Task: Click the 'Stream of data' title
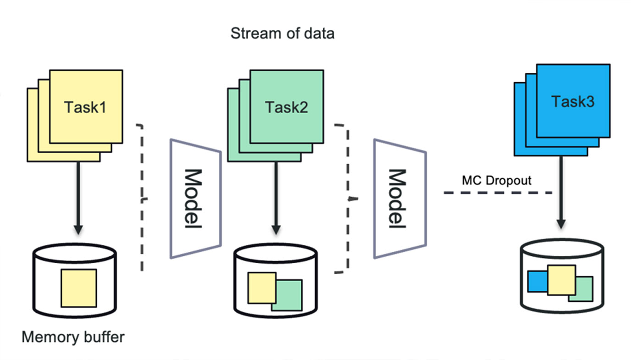pyautogui.click(x=282, y=33)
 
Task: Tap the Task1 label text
pyautogui.click(x=85, y=107)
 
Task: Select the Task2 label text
pyautogui.click(x=286, y=107)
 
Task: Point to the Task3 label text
pyautogui.click(x=573, y=101)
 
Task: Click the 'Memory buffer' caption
pyautogui.click(x=73, y=337)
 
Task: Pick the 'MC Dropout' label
pyautogui.click(x=497, y=180)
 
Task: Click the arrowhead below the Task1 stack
pyautogui.click(x=78, y=230)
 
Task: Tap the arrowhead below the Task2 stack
pyautogui.click(x=276, y=230)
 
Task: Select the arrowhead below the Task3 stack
pyautogui.click(x=561, y=224)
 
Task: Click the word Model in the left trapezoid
pyautogui.click(x=193, y=199)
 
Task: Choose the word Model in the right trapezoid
pyautogui.click(x=397, y=199)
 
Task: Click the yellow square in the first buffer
pyautogui.click(x=79, y=288)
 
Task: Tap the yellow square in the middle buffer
pyautogui.click(x=262, y=288)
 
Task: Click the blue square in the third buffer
pyautogui.click(x=537, y=282)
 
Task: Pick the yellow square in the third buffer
pyautogui.click(x=561, y=280)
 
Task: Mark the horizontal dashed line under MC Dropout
pyautogui.click(x=498, y=193)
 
